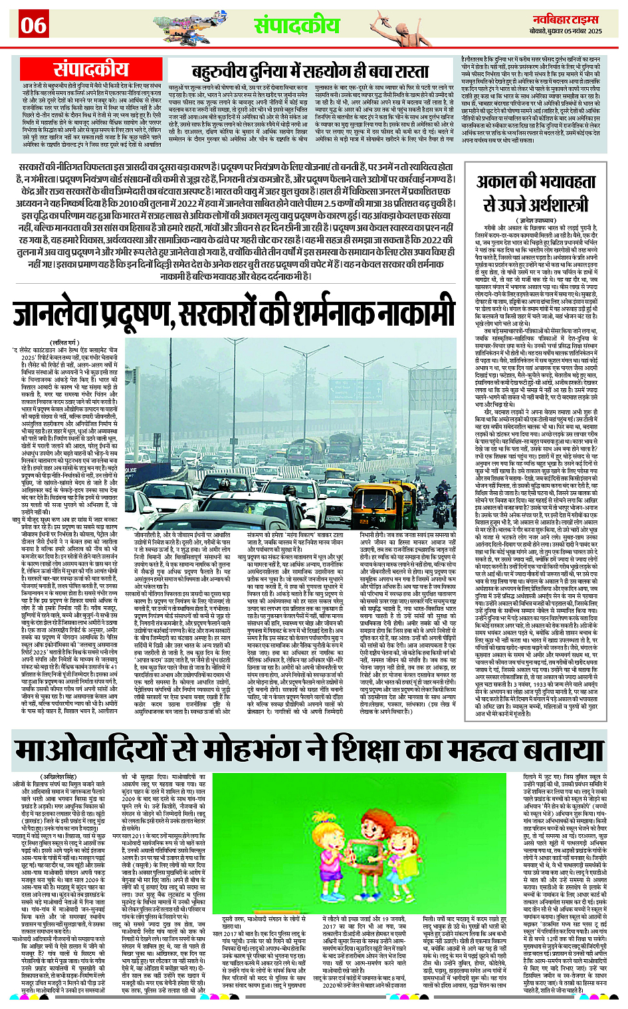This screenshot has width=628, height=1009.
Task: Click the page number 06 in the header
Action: pos(33,25)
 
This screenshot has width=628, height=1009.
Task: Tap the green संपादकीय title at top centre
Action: pos(296,25)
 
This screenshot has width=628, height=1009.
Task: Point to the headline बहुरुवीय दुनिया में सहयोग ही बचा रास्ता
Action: pos(310,71)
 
